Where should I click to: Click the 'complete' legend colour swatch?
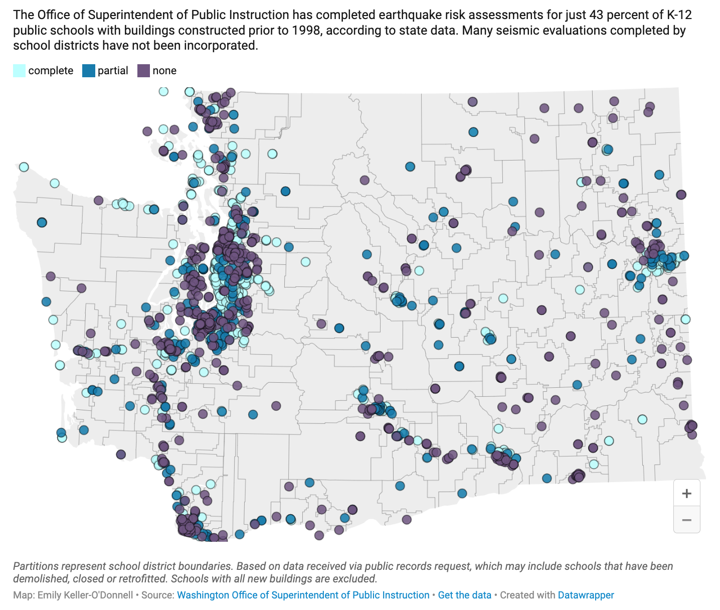(19, 71)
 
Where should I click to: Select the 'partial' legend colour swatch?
(89, 71)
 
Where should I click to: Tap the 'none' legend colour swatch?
(143, 71)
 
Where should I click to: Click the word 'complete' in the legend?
(51, 71)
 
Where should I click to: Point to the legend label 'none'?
(164, 71)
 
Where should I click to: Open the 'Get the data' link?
(464, 595)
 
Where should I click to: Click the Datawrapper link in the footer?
(586, 595)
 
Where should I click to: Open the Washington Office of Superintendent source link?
(303, 595)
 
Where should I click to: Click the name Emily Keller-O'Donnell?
(85, 595)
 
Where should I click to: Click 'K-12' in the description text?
(679, 15)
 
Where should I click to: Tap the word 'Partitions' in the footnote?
(35, 566)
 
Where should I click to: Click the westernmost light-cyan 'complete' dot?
(24, 167)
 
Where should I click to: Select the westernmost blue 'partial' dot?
(42, 222)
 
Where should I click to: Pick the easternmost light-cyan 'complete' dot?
(685, 319)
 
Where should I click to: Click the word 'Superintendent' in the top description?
(132, 15)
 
